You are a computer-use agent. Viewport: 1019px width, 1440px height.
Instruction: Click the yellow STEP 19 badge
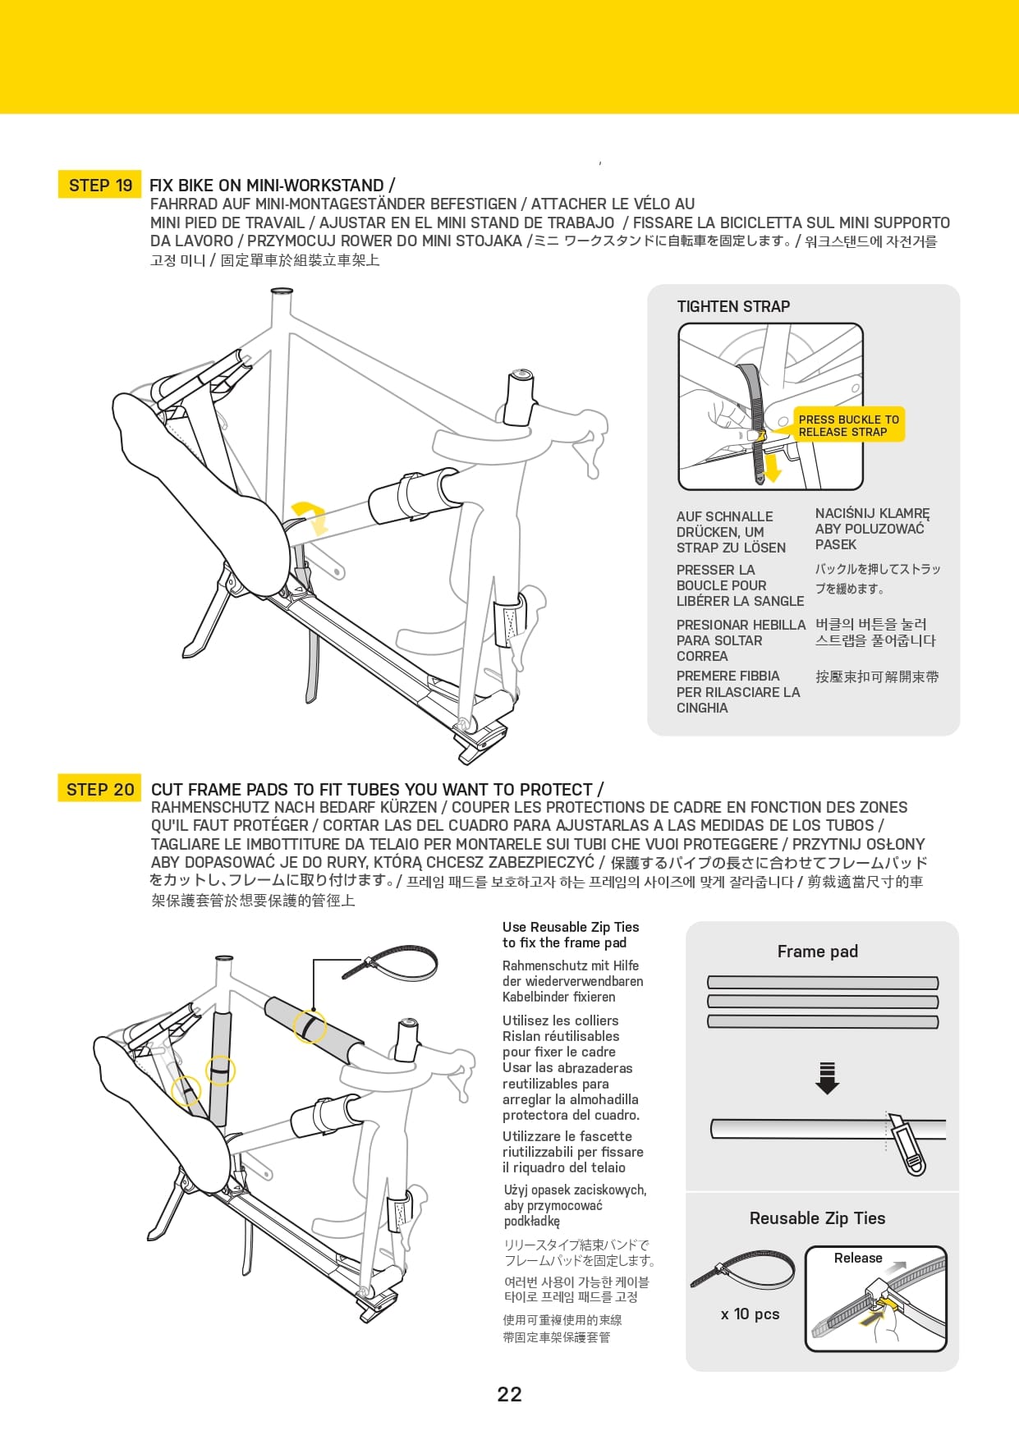[100, 186]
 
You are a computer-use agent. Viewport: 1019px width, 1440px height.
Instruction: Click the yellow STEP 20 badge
[99, 789]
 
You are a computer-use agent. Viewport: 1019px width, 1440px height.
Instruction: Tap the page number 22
[509, 1394]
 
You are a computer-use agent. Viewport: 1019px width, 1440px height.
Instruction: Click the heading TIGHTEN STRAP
[733, 306]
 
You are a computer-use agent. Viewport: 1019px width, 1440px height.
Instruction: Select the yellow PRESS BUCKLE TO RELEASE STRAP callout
[848, 425]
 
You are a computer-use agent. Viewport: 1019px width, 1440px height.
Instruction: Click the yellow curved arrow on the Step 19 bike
[311, 515]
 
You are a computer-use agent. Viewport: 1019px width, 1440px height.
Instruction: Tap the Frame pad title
[817, 952]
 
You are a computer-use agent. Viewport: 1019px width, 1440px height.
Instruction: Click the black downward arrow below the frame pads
[827, 1078]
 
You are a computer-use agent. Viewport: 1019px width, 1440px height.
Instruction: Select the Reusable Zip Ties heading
[817, 1218]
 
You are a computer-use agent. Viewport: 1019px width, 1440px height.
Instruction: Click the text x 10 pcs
[750, 1314]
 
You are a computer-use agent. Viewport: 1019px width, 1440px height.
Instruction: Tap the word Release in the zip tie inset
[857, 1258]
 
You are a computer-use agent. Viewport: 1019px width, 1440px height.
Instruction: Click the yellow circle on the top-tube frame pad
[310, 1026]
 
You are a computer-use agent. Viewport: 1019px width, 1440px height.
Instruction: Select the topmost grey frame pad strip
[822, 983]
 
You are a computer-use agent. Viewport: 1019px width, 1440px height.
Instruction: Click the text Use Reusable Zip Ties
[571, 927]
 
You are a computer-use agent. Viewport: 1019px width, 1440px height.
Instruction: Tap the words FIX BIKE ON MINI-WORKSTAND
[267, 186]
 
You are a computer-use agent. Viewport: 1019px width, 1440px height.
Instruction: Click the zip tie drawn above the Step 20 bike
[390, 961]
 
